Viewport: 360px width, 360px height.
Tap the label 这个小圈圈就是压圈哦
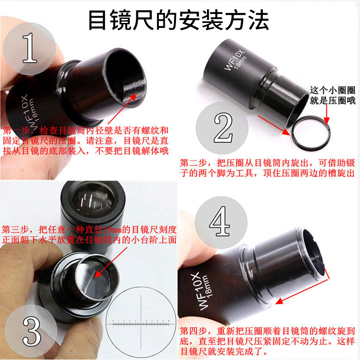point(333,95)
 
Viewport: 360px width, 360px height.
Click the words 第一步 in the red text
point(13,130)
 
